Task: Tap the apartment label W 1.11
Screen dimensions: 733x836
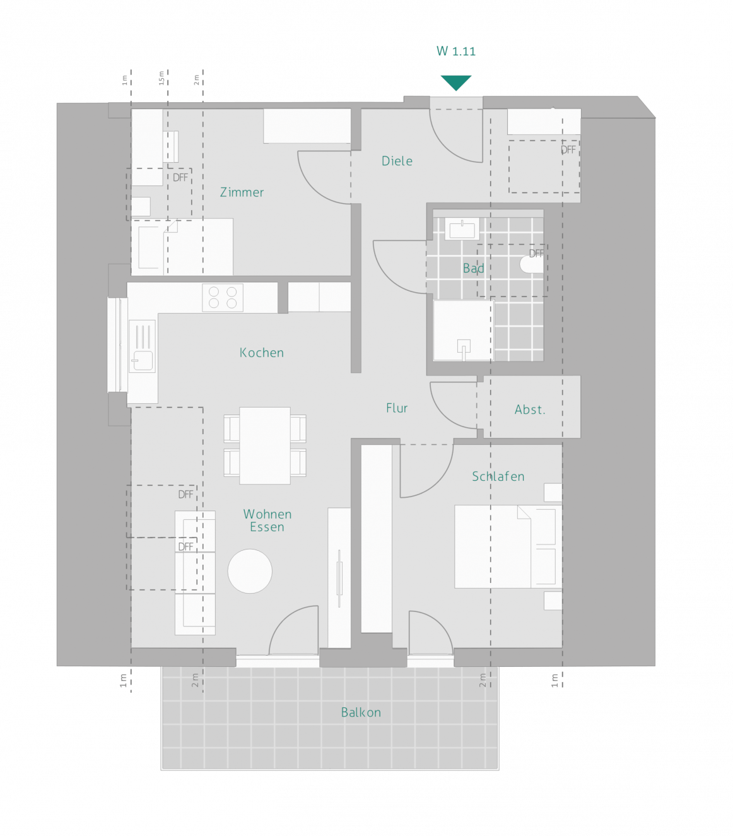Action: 455,51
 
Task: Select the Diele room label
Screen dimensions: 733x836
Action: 396,161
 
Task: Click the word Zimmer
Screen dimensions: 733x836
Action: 242,192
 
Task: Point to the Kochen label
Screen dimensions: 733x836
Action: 262,353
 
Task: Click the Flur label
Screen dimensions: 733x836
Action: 396,408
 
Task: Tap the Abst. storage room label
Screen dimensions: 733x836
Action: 530,409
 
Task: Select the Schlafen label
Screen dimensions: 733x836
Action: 498,476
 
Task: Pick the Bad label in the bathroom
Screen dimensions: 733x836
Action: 473,268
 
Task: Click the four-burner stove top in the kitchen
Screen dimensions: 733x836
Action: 222,298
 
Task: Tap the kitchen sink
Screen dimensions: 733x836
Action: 143,346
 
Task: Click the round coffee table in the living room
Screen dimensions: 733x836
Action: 250,571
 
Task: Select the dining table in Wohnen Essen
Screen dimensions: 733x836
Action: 264,445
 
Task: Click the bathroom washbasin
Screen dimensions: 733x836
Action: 462,228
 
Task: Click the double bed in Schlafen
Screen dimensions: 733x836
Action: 508,546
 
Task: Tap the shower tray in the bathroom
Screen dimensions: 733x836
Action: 463,330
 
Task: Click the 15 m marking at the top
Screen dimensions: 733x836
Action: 161,78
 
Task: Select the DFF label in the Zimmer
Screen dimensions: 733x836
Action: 180,177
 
